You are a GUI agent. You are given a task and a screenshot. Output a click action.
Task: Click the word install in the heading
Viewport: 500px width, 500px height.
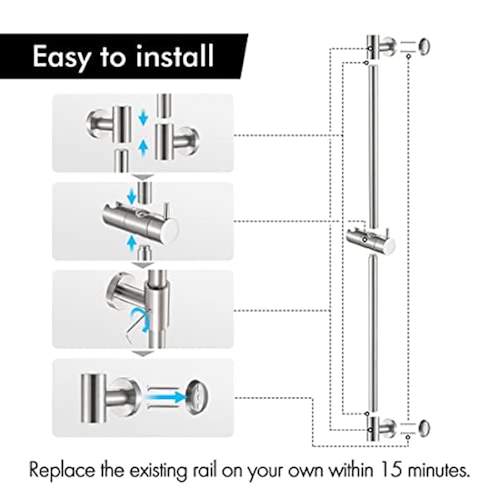click(x=176, y=57)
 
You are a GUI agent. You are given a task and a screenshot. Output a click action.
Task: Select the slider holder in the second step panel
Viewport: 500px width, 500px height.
click(x=135, y=221)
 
